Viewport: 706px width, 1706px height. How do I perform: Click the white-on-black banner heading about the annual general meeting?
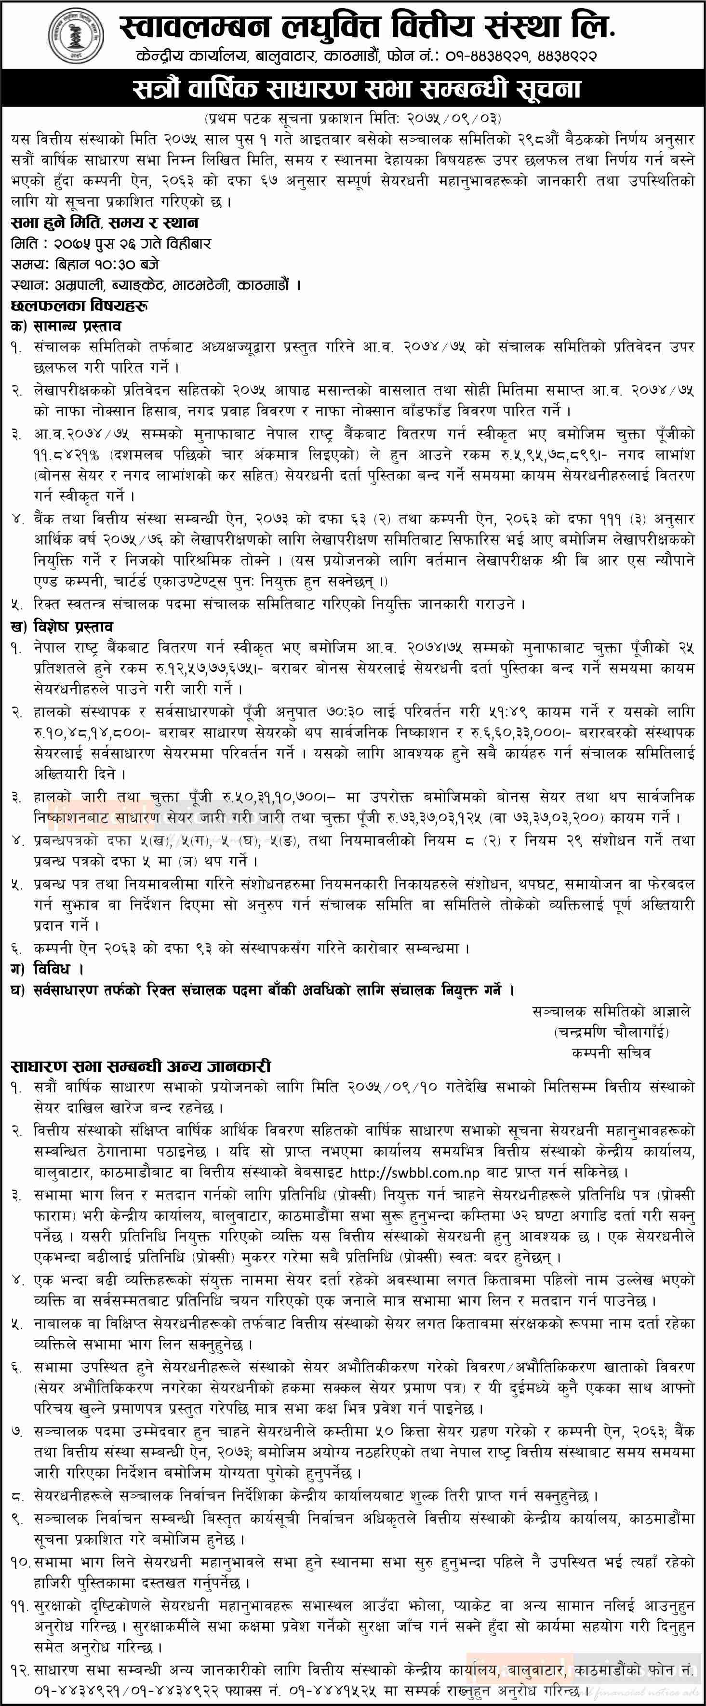tap(353, 90)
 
